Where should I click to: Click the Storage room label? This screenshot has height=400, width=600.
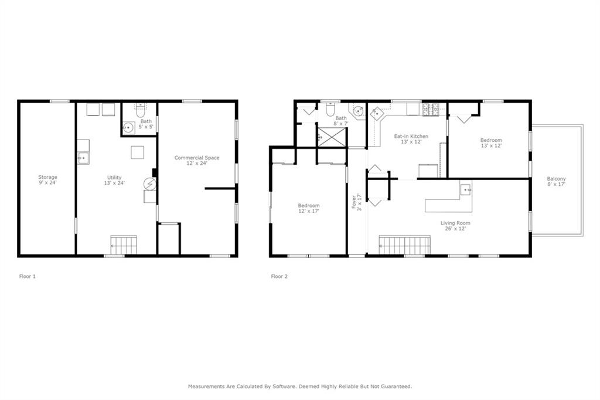47,180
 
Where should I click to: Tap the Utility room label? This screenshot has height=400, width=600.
115,180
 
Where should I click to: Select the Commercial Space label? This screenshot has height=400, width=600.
197,160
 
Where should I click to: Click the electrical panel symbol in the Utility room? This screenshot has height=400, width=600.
149,184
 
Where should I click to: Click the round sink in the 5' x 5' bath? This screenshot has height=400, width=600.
128,127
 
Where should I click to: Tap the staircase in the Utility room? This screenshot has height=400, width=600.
124,245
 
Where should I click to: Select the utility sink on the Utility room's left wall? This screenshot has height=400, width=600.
83,158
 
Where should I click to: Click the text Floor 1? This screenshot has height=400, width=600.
28,276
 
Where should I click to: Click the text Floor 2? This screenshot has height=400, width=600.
279,276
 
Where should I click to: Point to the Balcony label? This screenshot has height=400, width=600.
556,181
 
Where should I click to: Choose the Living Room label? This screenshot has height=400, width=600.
455,226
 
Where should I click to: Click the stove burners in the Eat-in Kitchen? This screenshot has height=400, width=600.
431,109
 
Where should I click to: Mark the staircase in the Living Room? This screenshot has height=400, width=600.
404,245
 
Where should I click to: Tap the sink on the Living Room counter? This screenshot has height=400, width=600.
465,189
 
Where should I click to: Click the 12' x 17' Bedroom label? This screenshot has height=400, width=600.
308,208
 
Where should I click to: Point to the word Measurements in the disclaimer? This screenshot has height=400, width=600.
206,387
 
